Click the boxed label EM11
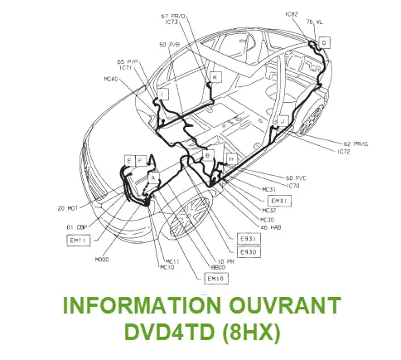point(80,241)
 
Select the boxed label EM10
point(216,279)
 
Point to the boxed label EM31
point(281,201)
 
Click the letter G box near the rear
point(324,41)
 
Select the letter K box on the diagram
point(215,77)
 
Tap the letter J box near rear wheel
point(283,121)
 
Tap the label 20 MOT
point(68,207)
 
